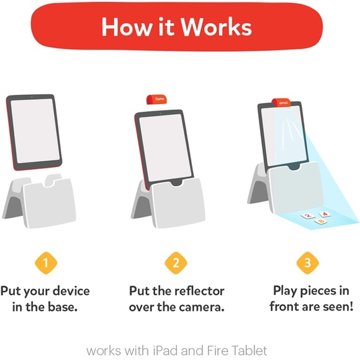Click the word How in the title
coord(124,27)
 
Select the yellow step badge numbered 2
coord(175,263)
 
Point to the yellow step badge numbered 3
coord(307,263)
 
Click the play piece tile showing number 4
coord(322,213)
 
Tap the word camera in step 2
coord(201,307)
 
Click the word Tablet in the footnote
coord(248,351)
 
